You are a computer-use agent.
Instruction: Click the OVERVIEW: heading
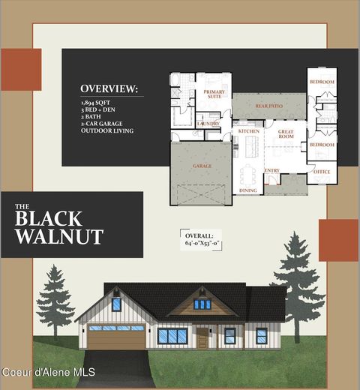click(x=109, y=88)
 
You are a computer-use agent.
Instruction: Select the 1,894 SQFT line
click(x=94, y=101)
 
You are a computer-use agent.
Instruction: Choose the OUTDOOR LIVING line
click(x=107, y=131)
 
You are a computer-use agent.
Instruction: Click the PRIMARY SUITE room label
click(x=214, y=94)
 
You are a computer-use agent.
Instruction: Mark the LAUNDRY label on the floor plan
click(x=208, y=123)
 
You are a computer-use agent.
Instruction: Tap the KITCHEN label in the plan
click(x=248, y=131)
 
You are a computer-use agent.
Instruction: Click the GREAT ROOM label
click(x=286, y=133)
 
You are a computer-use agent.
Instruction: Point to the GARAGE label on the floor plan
click(x=202, y=165)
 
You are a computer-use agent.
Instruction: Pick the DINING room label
click(x=247, y=190)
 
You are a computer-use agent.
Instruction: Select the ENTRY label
click(x=271, y=171)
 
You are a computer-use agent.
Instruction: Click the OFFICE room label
click(x=322, y=172)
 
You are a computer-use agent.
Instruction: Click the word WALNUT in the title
click(x=58, y=237)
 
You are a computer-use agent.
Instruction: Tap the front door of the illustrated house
click(x=202, y=338)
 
